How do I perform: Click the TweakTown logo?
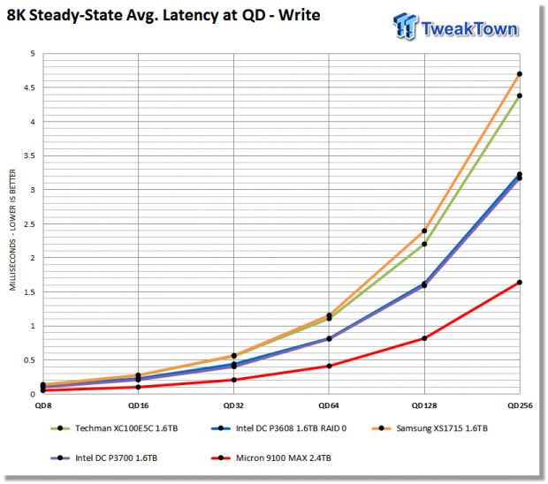click(456, 26)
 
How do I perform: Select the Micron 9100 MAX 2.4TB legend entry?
click(271, 458)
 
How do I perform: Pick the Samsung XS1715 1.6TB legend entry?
click(430, 428)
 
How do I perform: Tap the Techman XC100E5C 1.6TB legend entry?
click(114, 428)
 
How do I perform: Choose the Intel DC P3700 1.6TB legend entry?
click(103, 458)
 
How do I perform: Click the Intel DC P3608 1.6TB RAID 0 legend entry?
click(279, 428)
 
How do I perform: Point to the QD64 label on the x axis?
click(329, 405)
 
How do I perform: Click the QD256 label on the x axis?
click(520, 405)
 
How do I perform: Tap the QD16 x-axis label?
click(139, 405)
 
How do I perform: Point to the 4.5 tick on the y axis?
click(30, 87)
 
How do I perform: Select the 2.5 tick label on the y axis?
click(30, 224)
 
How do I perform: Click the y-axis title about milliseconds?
click(12, 230)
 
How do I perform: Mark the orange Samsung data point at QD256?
click(520, 74)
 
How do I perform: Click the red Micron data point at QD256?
click(520, 282)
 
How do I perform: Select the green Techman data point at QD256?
click(520, 95)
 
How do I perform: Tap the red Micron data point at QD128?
click(424, 338)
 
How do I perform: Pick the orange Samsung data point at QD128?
click(424, 231)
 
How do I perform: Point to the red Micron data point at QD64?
click(329, 366)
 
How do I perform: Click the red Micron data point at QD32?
click(234, 380)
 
